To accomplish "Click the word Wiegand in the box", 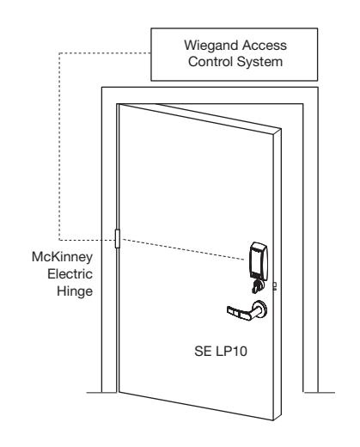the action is pos(211,46).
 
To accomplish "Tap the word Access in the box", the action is pos(265,46).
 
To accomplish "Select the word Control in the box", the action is pos(211,62).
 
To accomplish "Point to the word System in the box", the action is pos(259,62).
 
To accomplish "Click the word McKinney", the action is pos(62,257).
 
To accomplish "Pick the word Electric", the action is pos(70,274).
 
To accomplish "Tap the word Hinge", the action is pos(75,291).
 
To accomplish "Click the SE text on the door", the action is pos(203,352).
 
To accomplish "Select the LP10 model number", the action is pos(231,352).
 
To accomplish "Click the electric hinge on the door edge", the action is pos(117,238).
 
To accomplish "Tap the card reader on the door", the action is pos(259,260).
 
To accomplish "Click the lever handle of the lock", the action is pos(243,312).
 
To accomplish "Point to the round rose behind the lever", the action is pos(261,309).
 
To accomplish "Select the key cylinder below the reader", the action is pos(259,286).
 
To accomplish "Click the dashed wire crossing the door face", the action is pos(182,249).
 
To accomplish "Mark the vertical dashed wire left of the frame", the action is pos(59,146).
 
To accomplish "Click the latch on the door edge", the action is pos(274,286).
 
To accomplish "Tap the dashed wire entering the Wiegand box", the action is pos(105,53).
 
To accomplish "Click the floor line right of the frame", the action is pos(320,392).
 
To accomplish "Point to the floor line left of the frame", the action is pos(101,392).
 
